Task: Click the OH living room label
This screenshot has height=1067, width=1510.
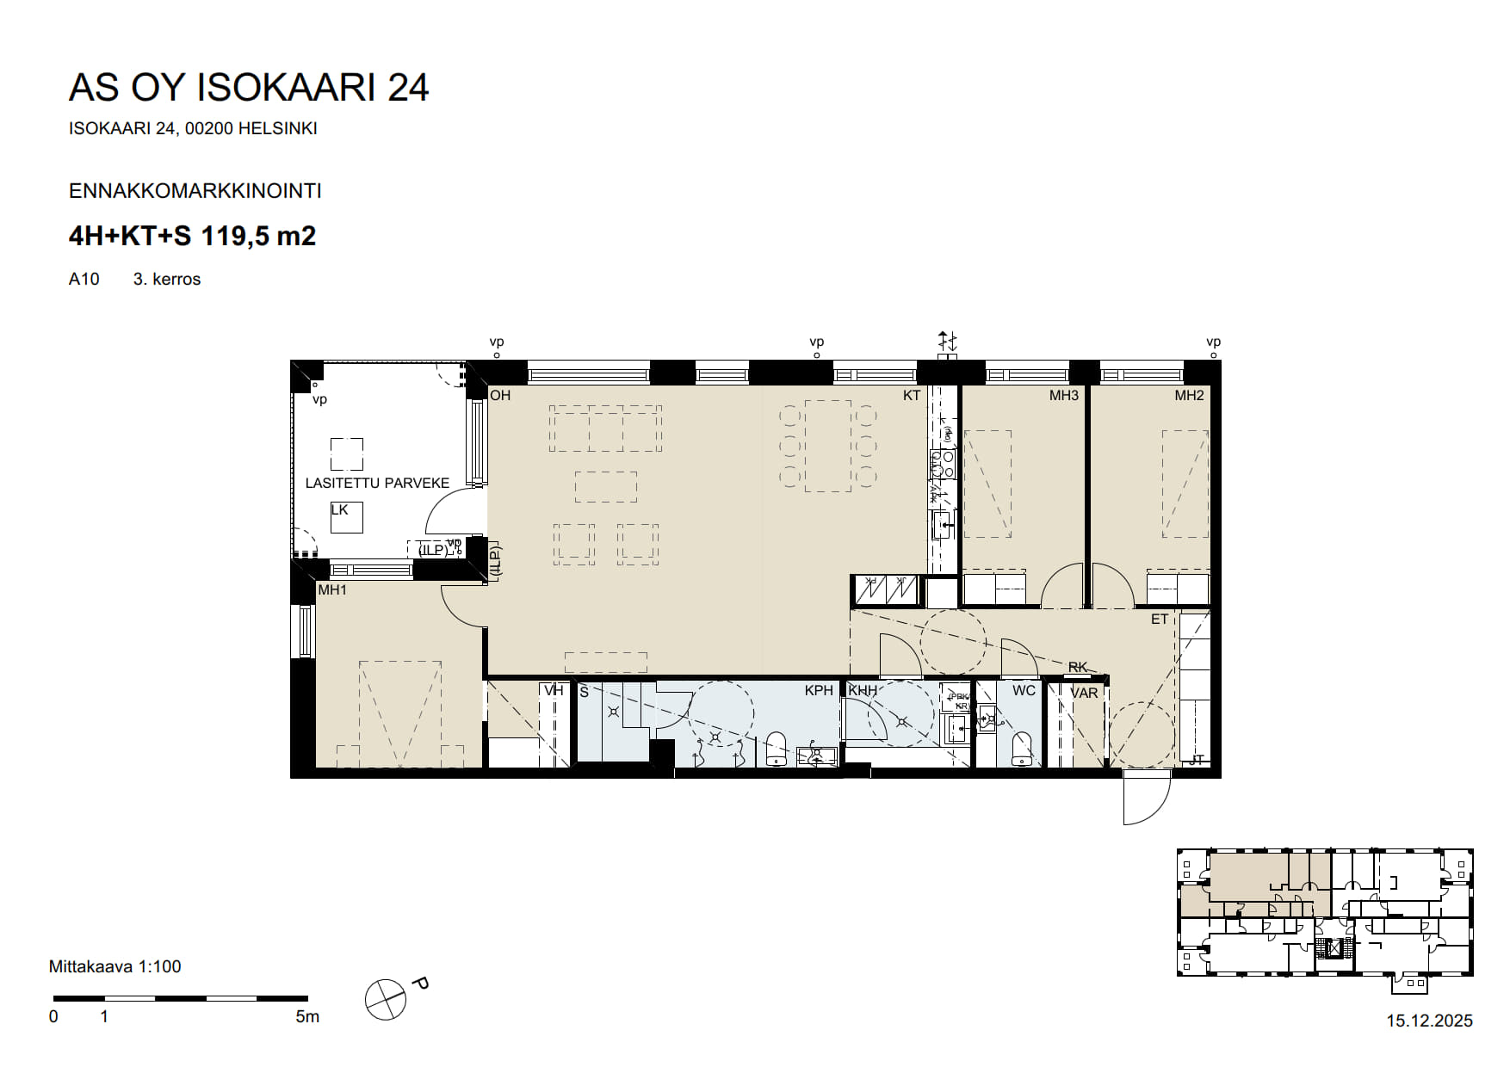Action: click(x=500, y=396)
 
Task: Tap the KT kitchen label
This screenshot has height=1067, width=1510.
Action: click(x=912, y=396)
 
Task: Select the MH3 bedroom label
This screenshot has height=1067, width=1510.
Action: click(x=1063, y=396)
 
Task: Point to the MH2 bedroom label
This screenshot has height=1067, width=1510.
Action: click(x=1189, y=396)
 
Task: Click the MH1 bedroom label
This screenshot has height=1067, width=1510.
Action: click(x=332, y=590)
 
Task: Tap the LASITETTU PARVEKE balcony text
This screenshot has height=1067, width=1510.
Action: click(x=377, y=484)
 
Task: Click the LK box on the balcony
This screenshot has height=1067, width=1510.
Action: click(x=346, y=517)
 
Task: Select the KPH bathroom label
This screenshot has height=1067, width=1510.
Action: click(x=819, y=690)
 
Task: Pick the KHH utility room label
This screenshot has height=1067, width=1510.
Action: click(x=863, y=690)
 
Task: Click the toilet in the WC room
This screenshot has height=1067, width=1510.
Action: click(x=1022, y=748)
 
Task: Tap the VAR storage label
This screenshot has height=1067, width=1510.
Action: click(x=1084, y=693)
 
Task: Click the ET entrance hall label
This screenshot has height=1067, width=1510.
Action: click(x=1160, y=620)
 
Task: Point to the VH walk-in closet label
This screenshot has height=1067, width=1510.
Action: click(x=554, y=690)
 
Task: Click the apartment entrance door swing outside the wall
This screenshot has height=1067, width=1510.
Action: click(x=1147, y=799)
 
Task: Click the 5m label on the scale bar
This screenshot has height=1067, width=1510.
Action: click(x=307, y=1017)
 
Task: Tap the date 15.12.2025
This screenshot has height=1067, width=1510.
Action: click(x=1429, y=1021)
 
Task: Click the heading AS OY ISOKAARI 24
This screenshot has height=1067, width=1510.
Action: click(x=249, y=88)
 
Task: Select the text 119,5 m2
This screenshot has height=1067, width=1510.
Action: click(x=258, y=236)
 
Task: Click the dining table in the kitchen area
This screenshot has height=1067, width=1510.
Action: click(x=827, y=446)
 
